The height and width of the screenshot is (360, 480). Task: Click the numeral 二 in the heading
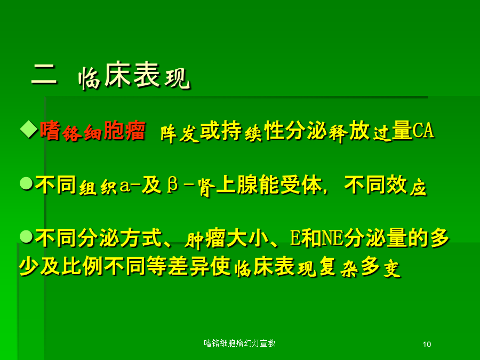(x=44, y=74)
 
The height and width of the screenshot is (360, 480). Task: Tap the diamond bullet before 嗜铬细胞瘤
(x=29, y=130)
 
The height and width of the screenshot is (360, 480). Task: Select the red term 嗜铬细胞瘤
(x=92, y=131)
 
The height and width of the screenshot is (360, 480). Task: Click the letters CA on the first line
(x=423, y=131)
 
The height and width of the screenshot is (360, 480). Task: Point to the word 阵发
(x=180, y=133)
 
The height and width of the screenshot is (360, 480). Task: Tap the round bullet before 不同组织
(x=26, y=183)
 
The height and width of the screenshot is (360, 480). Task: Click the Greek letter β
(x=173, y=185)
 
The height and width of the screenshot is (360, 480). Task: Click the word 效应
(x=406, y=185)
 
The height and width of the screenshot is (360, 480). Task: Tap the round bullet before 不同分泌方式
(x=26, y=237)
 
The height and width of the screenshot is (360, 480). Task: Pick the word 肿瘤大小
(x=227, y=238)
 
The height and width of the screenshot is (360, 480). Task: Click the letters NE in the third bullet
(x=333, y=238)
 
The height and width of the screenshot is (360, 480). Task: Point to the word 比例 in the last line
(x=82, y=265)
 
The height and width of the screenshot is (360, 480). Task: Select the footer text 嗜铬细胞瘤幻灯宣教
(x=239, y=343)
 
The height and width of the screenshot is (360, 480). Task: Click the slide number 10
(x=427, y=345)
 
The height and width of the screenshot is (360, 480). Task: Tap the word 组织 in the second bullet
(x=98, y=186)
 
